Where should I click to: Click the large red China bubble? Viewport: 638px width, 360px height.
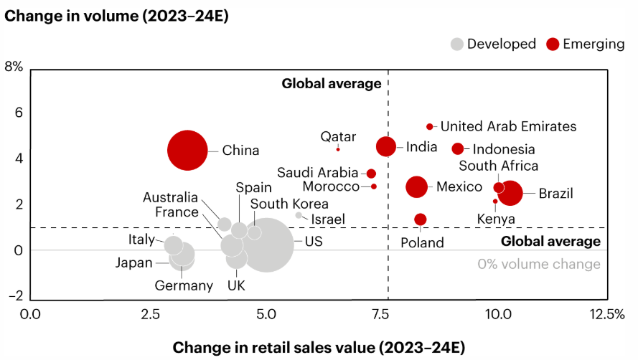188,151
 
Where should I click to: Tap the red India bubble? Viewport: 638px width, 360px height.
386,146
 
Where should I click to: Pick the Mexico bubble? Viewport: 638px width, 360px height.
416,186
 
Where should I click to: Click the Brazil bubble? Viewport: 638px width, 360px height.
510,193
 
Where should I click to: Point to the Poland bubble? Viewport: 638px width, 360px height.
421,219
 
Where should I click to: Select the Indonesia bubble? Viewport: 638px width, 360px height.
458,148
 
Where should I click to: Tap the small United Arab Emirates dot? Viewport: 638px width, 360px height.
430,126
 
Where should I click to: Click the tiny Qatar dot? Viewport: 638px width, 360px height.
338,148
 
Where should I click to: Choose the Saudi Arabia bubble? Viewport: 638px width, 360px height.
371,174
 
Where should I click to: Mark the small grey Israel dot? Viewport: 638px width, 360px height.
299,215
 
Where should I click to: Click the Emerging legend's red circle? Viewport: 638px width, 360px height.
553,44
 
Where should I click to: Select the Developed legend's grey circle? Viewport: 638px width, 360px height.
456,44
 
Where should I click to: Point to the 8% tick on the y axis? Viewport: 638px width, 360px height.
14,67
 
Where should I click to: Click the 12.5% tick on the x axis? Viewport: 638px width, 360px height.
606,314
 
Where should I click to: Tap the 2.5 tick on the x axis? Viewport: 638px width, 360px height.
149,314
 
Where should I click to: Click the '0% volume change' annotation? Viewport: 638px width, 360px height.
538,264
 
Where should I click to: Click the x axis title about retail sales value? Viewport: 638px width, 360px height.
319,348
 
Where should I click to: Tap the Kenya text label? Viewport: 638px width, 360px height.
495,219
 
